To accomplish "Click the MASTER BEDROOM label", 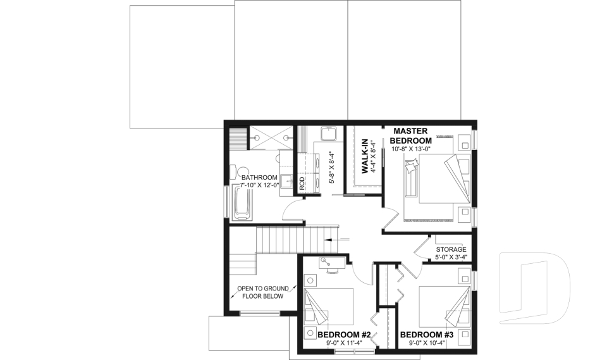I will click(x=410, y=135).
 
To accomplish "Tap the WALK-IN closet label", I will click(x=365, y=157).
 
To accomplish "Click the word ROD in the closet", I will click(x=302, y=184).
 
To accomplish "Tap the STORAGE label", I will click(x=451, y=249).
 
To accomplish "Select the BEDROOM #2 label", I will click(x=343, y=335).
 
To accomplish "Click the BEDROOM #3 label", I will click(x=427, y=335).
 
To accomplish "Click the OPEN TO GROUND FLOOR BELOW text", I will click(x=260, y=292).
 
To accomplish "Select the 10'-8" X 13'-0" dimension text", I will click(x=410, y=149).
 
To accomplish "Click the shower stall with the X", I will click(x=271, y=134).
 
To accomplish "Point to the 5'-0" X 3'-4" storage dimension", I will click(x=451, y=257).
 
